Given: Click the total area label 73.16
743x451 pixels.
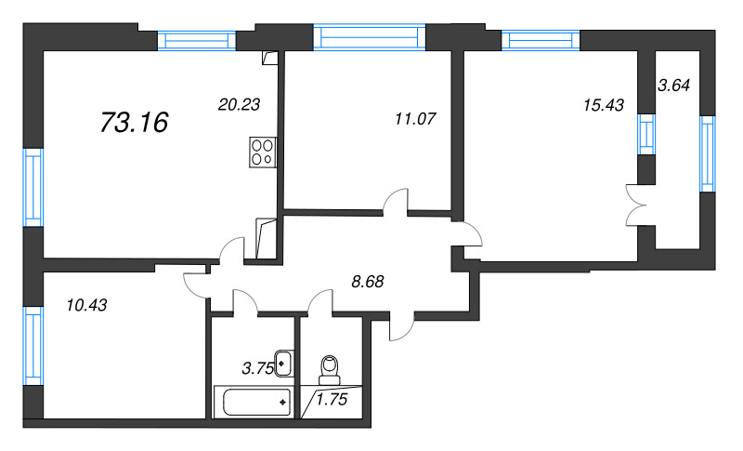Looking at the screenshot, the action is [x=134, y=123].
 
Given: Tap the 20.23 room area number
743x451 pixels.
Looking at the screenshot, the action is [x=239, y=104].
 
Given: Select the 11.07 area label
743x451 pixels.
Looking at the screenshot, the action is [x=415, y=118].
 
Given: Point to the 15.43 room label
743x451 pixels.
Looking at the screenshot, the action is [x=604, y=105].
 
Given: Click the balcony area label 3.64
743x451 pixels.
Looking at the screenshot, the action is [x=674, y=86].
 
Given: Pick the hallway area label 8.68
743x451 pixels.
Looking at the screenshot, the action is [x=368, y=282].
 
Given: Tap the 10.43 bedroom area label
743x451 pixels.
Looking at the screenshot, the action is [x=86, y=305].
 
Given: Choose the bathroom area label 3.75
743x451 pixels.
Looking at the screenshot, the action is [x=258, y=368].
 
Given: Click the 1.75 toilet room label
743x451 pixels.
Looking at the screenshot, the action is [x=332, y=400].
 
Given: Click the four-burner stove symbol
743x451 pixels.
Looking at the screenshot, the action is [x=263, y=153].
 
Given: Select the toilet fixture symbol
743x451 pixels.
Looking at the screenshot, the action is [x=330, y=370].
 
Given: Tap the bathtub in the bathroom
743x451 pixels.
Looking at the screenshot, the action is [x=253, y=403].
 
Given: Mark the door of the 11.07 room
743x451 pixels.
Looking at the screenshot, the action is [x=396, y=203].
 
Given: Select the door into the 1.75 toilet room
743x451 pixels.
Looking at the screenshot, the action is [x=320, y=302].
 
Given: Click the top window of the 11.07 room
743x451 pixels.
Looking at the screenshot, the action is [x=369, y=37].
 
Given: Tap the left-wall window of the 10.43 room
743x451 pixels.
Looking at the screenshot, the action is [x=33, y=346].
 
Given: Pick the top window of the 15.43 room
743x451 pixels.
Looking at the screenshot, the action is [x=541, y=40].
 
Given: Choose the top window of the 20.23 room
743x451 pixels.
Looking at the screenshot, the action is [x=196, y=40].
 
